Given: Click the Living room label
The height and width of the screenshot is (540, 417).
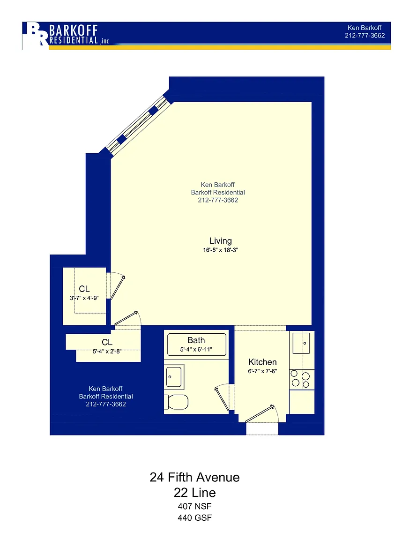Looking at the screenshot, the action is tap(220, 241).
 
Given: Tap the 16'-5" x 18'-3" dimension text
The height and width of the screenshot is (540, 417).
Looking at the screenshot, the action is tap(220, 250).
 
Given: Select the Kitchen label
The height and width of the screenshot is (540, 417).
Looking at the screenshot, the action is tap(262, 362).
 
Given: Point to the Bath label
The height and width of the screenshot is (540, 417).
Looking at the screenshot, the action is tap(196, 340).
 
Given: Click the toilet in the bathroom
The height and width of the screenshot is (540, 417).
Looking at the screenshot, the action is tap(176, 402).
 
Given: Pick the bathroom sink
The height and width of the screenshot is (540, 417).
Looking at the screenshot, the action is tap(174, 377).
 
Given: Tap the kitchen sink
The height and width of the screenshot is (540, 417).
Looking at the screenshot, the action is tap(301, 343).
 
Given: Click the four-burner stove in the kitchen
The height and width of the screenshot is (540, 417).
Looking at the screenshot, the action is tap(302, 380).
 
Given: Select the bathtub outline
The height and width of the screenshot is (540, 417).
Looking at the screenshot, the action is tap(197, 345).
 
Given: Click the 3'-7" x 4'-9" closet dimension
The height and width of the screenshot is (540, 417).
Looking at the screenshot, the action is tap(84, 298).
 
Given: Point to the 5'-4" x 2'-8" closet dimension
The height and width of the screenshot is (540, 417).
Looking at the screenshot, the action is tap(107, 351).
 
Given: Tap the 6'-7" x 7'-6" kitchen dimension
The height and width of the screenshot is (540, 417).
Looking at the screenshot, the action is tap(262, 371).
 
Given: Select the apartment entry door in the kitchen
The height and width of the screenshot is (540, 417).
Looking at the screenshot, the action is tap(261, 413).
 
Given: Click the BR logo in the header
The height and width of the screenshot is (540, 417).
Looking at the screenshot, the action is tap(36, 35).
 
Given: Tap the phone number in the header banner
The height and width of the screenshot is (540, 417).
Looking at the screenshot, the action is tap(365, 36).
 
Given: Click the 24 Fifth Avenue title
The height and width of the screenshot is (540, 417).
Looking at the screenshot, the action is tap(194, 477).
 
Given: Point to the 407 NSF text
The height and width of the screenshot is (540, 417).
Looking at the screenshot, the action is tap(194, 506).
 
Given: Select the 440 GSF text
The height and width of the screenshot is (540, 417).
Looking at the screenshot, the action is tap(194, 517).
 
